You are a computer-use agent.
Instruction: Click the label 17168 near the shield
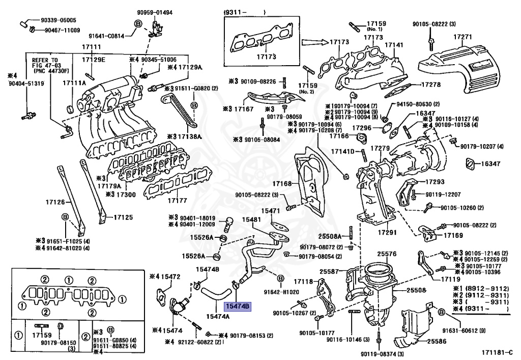281,183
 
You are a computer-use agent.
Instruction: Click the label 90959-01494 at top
155,12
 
